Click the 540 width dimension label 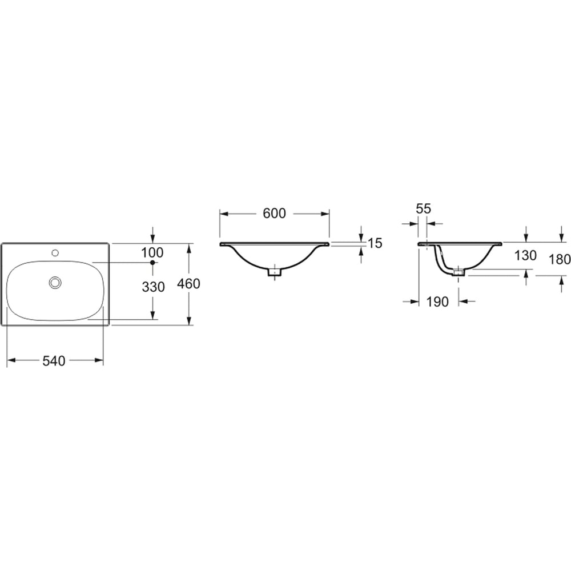(x=54, y=361)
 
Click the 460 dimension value (x=188, y=284)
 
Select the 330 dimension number (x=153, y=287)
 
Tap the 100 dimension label (x=152, y=252)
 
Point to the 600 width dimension (x=275, y=214)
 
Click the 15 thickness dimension (x=375, y=243)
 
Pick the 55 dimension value (x=424, y=208)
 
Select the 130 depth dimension (x=525, y=256)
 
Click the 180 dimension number (x=560, y=260)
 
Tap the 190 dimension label (x=437, y=301)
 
